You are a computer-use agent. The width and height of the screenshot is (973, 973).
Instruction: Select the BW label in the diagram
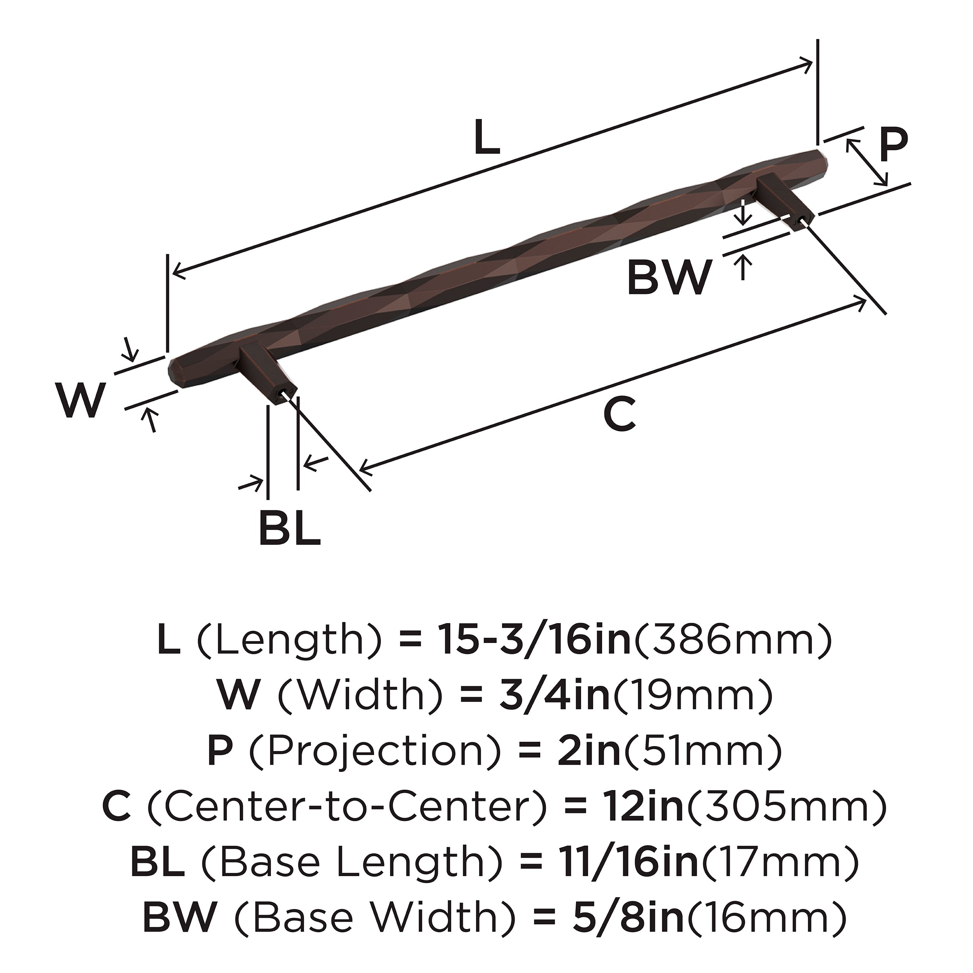(x=669, y=277)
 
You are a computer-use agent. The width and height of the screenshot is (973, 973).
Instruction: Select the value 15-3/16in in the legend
(x=534, y=639)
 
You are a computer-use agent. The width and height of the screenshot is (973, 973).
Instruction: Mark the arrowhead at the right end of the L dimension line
(x=810, y=63)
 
